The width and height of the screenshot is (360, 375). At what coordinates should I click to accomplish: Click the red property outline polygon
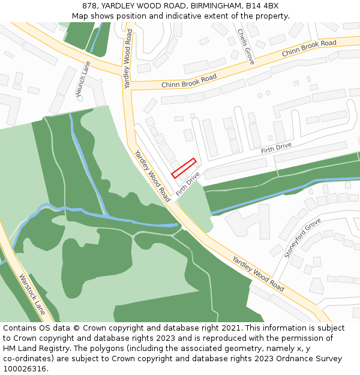[x=184, y=167]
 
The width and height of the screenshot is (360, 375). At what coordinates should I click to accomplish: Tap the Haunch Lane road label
[x=83, y=78]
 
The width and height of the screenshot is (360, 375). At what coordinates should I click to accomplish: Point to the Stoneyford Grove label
[x=303, y=238]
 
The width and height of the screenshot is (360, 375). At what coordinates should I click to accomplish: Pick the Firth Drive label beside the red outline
[x=188, y=185]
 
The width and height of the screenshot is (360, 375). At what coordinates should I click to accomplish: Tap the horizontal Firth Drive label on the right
[x=276, y=148]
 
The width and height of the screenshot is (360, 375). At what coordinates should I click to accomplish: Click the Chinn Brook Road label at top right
[x=309, y=49]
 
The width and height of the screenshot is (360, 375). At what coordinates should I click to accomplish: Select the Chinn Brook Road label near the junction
[x=189, y=81]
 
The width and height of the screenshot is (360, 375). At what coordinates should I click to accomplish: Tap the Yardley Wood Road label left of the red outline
[x=152, y=175]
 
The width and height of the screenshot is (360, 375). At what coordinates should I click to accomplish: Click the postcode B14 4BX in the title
[x=263, y=6]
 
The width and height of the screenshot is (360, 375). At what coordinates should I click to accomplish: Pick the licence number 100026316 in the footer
[x=25, y=369]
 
